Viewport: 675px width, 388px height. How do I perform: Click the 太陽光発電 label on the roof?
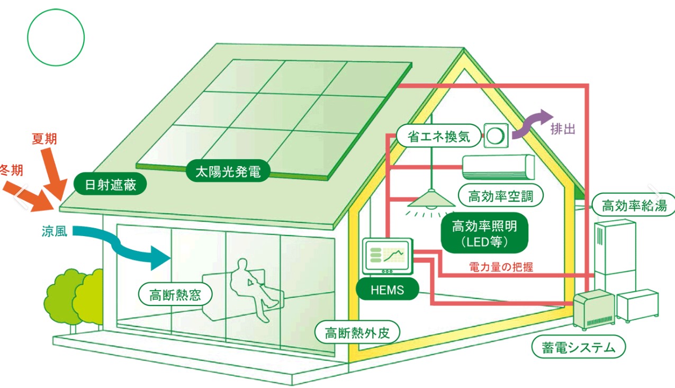(228, 171)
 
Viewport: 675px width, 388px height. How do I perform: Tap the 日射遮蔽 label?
(110, 184)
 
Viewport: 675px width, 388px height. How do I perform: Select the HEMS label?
(387, 289)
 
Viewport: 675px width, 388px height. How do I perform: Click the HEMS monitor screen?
(388, 256)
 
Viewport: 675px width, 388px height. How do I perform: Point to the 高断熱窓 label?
(175, 294)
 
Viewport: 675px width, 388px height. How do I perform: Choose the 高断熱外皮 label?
(357, 332)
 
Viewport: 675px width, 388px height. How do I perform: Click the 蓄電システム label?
(579, 347)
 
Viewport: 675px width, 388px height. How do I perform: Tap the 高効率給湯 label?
(634, 205)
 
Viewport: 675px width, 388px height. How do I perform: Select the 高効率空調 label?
(500, 195)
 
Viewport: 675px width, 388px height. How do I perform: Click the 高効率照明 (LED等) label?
(484, 233)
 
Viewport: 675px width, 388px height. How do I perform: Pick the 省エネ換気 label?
(439, 136)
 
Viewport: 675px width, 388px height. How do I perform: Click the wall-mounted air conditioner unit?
(498, 167)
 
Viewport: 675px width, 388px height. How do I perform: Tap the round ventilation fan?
(496, 136)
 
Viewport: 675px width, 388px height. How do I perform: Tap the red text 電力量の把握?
(501, 267)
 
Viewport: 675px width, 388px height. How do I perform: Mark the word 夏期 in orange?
(44, 139)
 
